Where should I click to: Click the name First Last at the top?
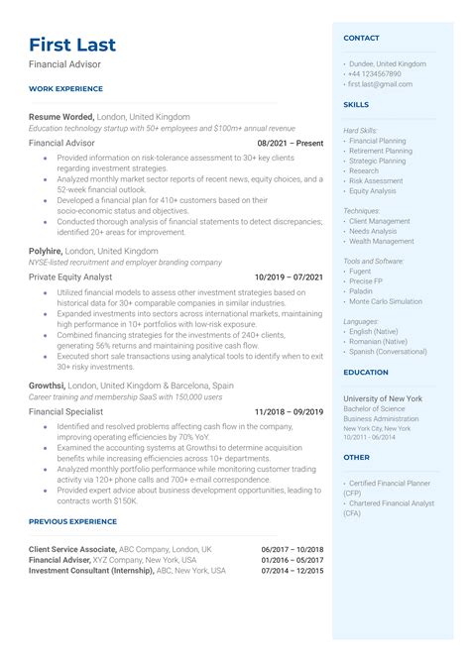pyautogui.click(x=72, y=45)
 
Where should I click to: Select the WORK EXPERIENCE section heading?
pyautogui.click(x=65, y=89)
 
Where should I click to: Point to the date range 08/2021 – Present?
pyautogui.click(x=290, y=143)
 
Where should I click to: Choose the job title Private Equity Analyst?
pyautogui.click(x=70, y=277)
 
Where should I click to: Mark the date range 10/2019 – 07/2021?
pyautogui.click(x=289, y=277)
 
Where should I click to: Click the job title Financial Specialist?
pyautogui.click(x=66, y=411)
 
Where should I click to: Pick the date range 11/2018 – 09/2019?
pyautogui.click(x=289, y=411)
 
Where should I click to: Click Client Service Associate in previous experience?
pyautogui.click(x=72, y=548)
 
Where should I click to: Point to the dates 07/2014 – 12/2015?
pyautogui.click(x=293, y=571)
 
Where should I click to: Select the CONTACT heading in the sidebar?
pyautogui.click(x=361, y=38)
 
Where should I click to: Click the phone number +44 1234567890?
pyautogui.click(x=375, y=73)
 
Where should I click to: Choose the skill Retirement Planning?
pyautogui.click(x=381, y=152)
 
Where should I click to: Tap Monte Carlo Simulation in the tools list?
pyautogui.click(x=387, y=301)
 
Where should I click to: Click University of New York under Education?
pyautogui.click(x=383, y=397)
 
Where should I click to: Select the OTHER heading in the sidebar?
pyautogui.click(x=356, y=458)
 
